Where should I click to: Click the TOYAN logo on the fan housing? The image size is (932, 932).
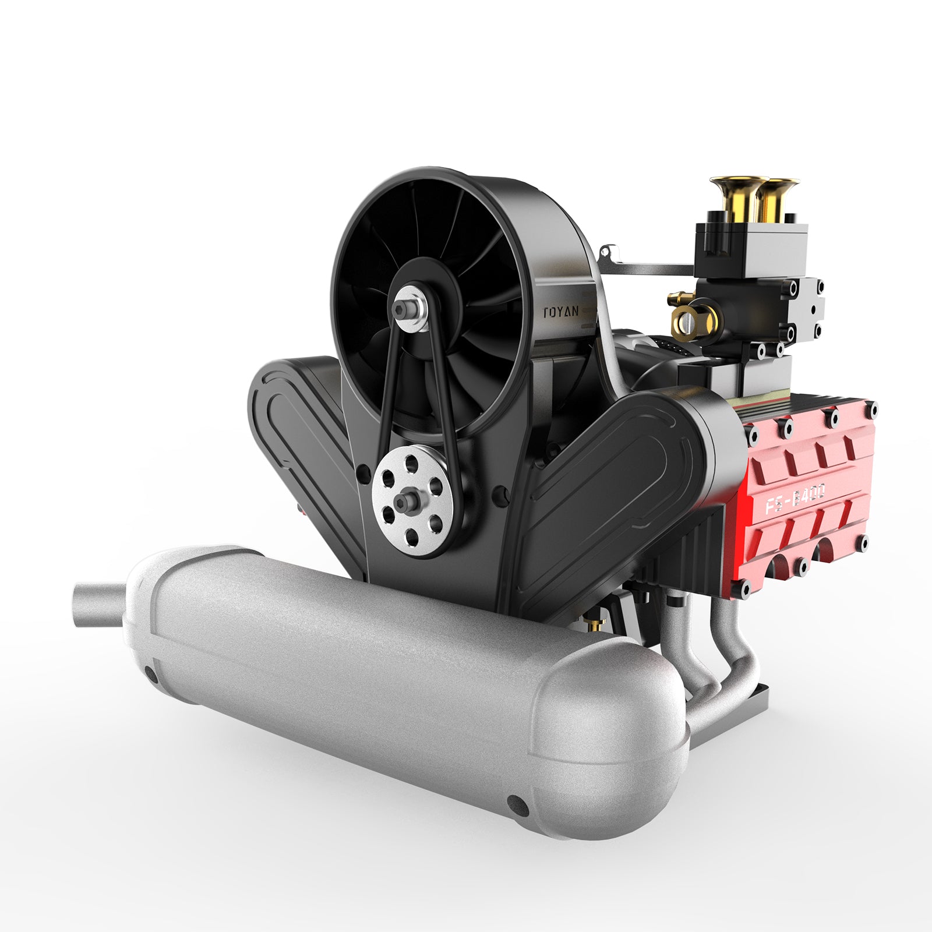click(x=561, y=312)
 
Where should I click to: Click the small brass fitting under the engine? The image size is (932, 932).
click(x=595, y=625)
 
